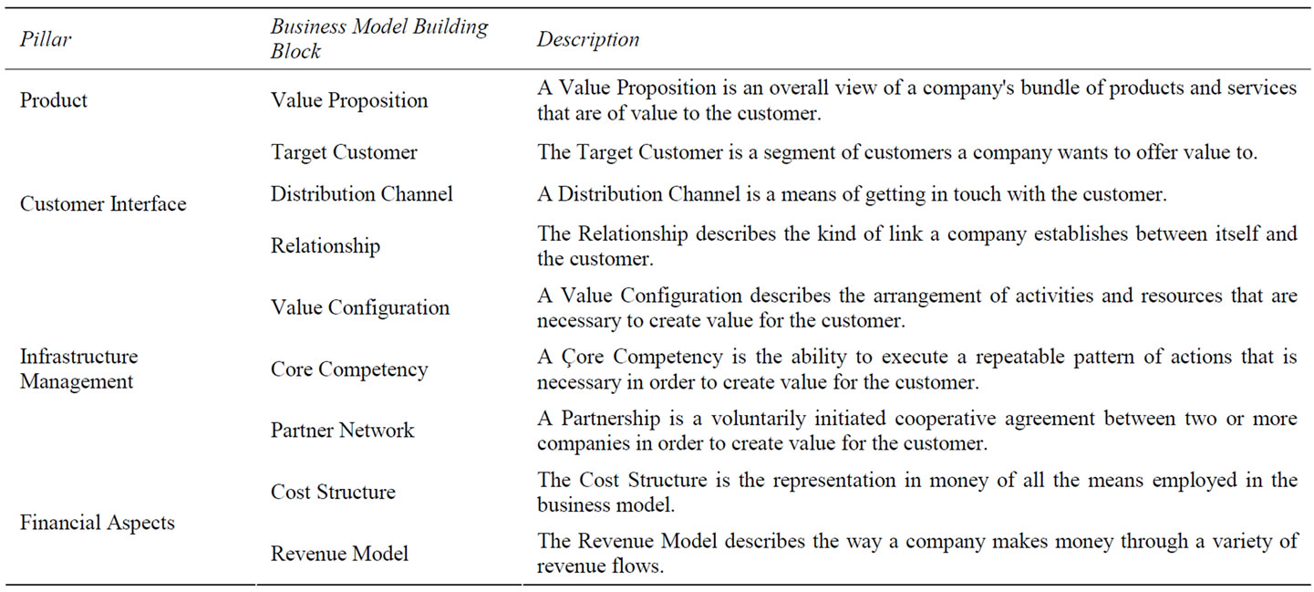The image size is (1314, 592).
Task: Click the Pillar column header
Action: tap(46, 39)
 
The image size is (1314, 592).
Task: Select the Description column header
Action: tap(588, 39)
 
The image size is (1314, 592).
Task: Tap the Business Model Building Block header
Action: tap(379, 38)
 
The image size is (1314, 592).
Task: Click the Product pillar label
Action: tap(54, 100)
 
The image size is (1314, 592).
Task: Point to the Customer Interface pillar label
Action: tap(103, 203)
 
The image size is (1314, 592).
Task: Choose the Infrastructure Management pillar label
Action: tap(79, 369)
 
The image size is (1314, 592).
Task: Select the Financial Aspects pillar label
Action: tap(98, 522)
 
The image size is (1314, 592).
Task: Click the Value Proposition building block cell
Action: tap(349, 100)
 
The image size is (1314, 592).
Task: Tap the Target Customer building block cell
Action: tap(344, 152)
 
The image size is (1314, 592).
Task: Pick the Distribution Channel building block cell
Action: tap(361, 193)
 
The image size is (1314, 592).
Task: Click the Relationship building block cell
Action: tap(325, 245)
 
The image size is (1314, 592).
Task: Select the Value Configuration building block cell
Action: tap(359, 306)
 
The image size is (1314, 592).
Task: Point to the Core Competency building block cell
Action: tap(349, 369)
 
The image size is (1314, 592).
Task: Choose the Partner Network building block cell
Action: tap(342, 430)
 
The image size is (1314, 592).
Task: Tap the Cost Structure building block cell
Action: tap(333, 492)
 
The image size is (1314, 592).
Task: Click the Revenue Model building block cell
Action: tap(339, 554)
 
